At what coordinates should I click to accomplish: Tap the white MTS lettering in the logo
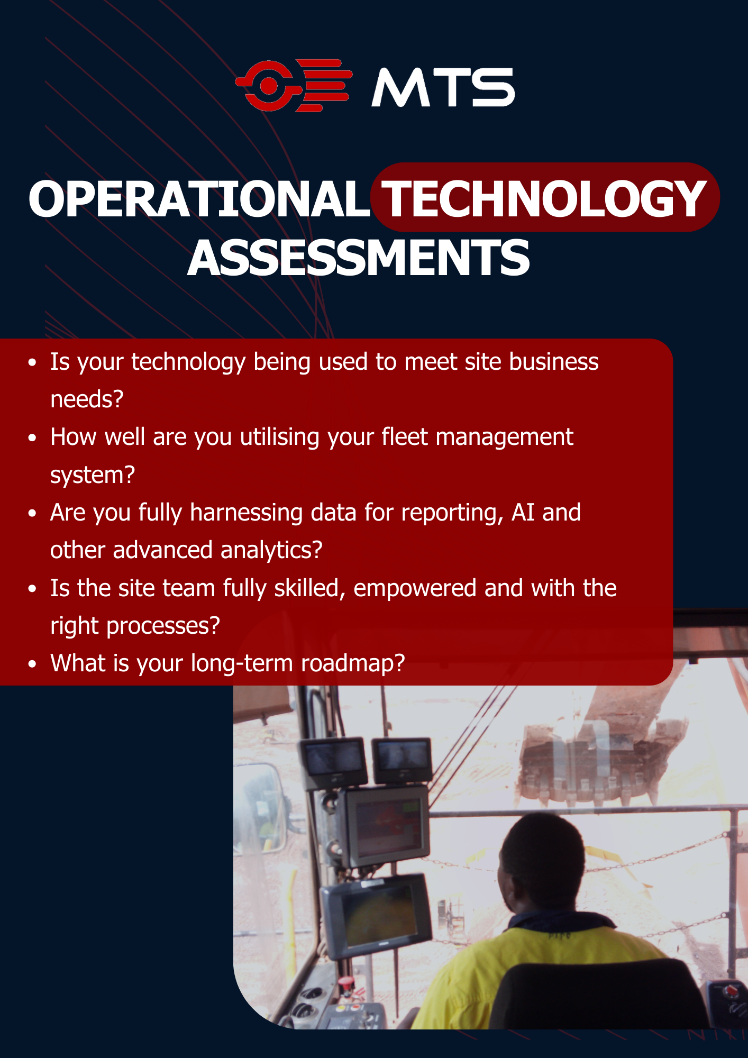tap(443, 87)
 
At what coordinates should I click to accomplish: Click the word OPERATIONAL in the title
tap(199, 199)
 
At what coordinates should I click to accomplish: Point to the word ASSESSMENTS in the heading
tap(359, 258)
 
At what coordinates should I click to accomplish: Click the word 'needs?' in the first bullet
tap(87, 399)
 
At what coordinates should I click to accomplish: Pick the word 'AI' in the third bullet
tap(523, 512)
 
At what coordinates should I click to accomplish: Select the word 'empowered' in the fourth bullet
tap(415, 588)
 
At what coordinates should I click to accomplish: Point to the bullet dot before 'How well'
tap(33, 438)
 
